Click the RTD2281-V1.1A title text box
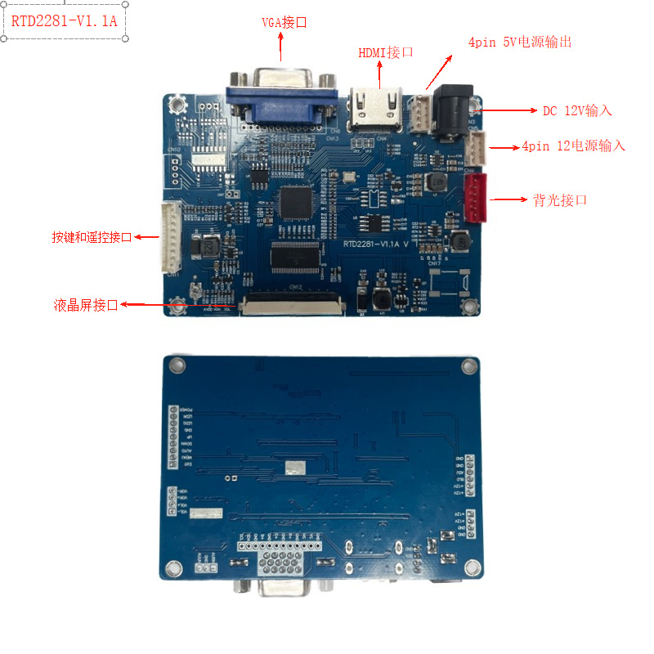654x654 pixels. [x=65, y=21]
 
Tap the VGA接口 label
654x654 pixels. [x=284, y=22]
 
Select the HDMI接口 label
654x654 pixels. [x=386, y=52]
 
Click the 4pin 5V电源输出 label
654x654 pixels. [x=519, y=42]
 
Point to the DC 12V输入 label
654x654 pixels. [x=577, y=110]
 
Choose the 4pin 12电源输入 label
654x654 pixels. [x=573, y=146]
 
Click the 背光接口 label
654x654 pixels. [x=560, y=199]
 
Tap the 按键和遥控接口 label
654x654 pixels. [x=92, y=237]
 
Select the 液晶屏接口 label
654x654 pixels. [x=84, y=306]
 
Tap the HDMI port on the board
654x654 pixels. [x=376, y=110]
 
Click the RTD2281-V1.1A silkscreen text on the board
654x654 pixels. [x=375, y=244]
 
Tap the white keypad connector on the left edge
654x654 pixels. [x=172, y=237]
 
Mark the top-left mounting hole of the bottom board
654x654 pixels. [x=173, y=363]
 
